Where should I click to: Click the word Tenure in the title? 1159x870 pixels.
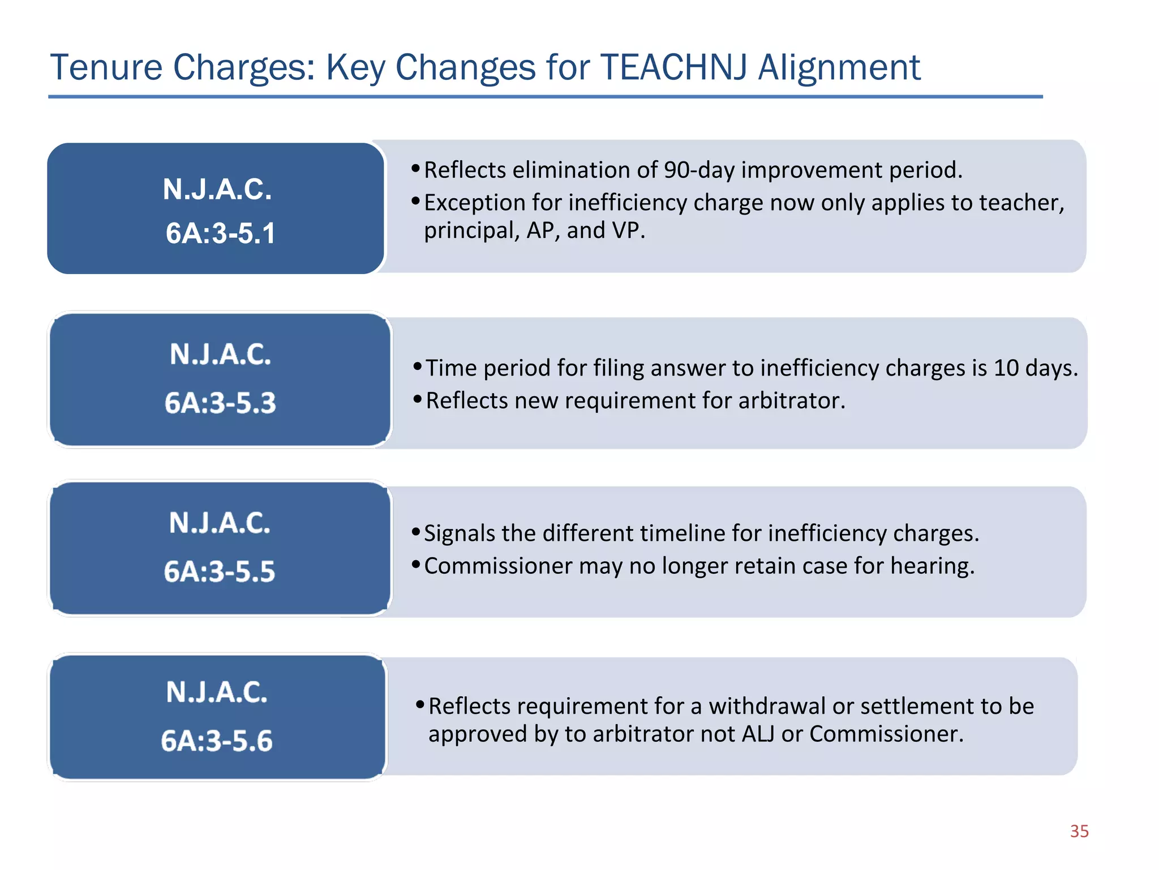[106, 67]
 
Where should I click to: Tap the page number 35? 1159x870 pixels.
[1079, 831]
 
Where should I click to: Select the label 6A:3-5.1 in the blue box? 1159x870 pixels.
[220, 233]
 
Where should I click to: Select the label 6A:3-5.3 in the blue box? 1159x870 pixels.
[220, 403]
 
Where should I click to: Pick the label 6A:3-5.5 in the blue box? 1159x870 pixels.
[220, 571]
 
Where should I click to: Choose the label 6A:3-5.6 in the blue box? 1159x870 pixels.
[217, 741]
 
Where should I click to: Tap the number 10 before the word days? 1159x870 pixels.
[1006, 368]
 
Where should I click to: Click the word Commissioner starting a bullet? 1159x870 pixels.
[498, 566]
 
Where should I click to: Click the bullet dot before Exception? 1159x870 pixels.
[415, 201]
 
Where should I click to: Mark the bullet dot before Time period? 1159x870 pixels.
[418, 366]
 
